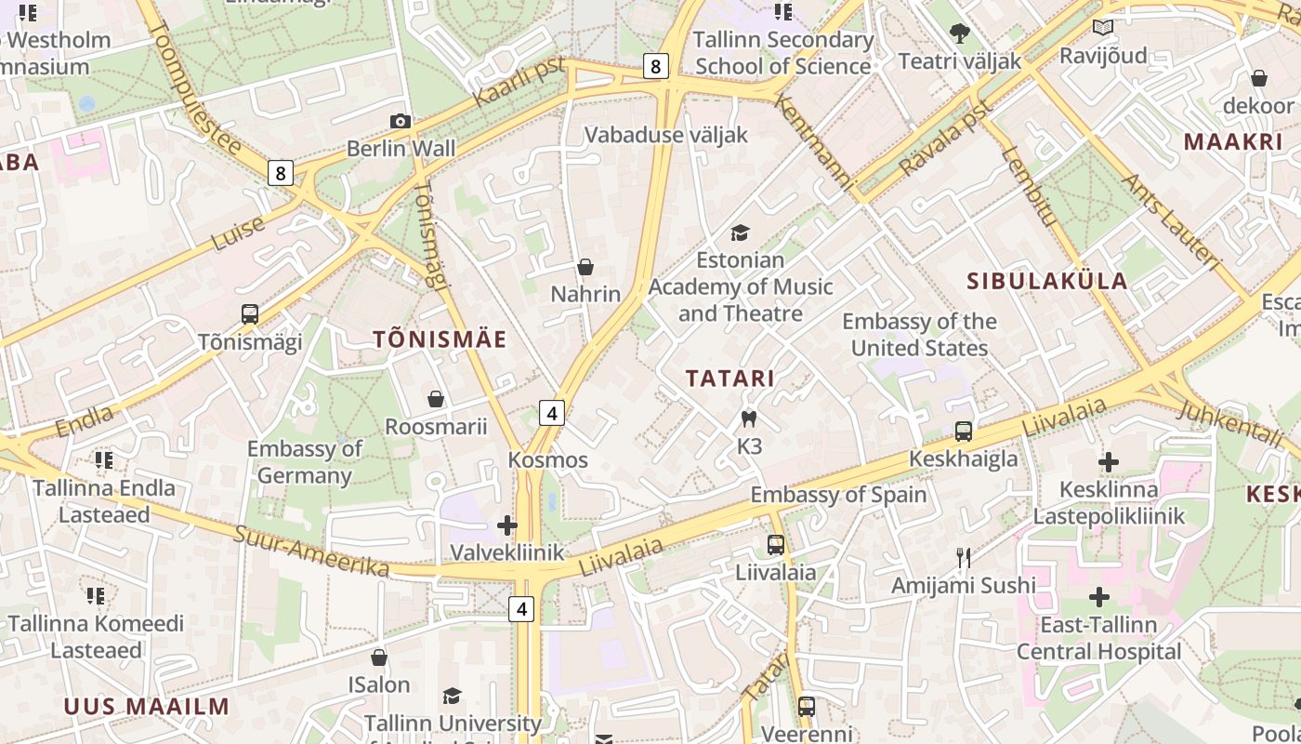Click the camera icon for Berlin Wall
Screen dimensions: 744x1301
tap(401, 121)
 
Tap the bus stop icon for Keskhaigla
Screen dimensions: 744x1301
tap(964, 432)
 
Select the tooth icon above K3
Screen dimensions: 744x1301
tap(749, 419)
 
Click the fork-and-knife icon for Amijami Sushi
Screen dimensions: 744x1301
tap(964, 558)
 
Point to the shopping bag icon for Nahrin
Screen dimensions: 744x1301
tap(585, 268)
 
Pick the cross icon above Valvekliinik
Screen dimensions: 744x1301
tap(507, 525)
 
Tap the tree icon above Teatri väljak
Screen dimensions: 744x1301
tap(960, 34)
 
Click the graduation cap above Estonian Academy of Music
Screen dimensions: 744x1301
tap(740, 232)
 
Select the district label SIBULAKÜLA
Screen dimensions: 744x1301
tap(1047, 281)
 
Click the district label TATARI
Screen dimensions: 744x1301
tap(730, 379)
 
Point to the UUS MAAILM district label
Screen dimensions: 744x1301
tap(146, 706)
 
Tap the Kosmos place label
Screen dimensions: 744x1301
tap(548, 460)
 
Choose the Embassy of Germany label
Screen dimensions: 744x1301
tap(304, 462)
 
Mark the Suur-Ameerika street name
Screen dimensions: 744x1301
tap(311, 549)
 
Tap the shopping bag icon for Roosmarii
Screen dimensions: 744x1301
tap(436, 400)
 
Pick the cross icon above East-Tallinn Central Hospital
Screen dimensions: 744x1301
tap(1099, 596)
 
